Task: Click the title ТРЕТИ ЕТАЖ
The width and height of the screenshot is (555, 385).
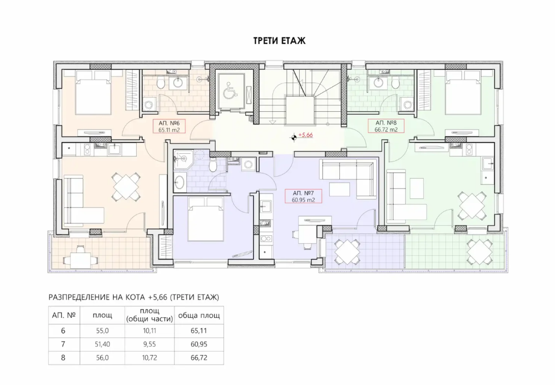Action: click(x=279, y=40)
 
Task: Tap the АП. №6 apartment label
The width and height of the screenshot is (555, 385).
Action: click(x=169, y=126)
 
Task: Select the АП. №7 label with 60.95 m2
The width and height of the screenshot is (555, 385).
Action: click(x=303, y=197)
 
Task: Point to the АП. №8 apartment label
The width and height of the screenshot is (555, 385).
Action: click(x=386, y=126)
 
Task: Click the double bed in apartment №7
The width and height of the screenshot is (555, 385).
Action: click(x=206, y=219)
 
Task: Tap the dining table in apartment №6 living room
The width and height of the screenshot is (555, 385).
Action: click(x=126, y=186)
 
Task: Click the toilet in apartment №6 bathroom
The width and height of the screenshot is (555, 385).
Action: click(x=161, y=83)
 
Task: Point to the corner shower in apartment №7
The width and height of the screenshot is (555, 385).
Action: click(x=183, y=159)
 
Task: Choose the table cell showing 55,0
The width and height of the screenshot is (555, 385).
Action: click(x=102, y=330)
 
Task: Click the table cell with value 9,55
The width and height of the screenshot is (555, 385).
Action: click(x=149, y=344)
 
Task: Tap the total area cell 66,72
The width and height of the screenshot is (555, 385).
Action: click(x=199, y=357)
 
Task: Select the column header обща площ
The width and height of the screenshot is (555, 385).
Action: click(x=199, y=315)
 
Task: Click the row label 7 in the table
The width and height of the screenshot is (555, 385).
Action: click(x=63, y=344)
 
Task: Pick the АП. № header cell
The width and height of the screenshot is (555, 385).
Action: click(x=64, y=315)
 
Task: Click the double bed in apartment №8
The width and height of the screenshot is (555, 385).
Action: click(x=463, y=93)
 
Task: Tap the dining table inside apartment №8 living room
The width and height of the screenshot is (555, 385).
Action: click(x=472, y=206)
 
